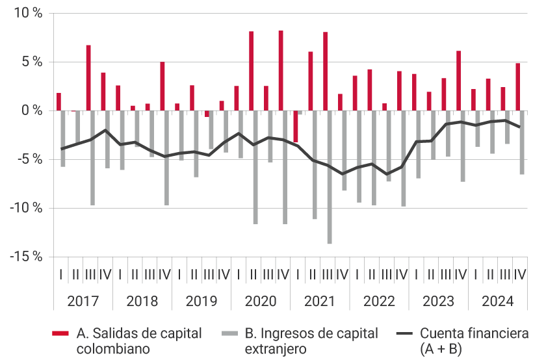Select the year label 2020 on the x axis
tap(260, 302)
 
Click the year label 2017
tap(82, 302)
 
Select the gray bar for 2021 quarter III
tap(330, 177)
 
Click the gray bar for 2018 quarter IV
tap(167, 158)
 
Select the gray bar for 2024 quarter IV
tap(522, 142)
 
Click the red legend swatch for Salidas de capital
tap(60, 334)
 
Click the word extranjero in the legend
tap(275, 349)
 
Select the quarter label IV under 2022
tap(401, 275)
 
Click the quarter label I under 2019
tap(179, 275)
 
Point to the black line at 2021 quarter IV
tap(343, 174)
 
